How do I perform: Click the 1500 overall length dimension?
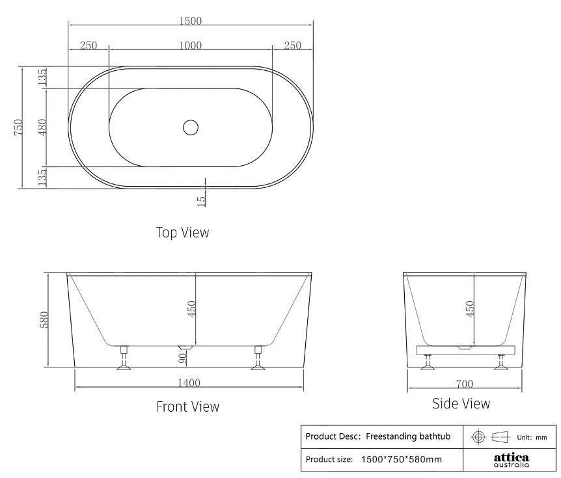point(190,20)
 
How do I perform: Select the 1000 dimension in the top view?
point(190,45)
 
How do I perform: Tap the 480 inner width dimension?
point(42,127)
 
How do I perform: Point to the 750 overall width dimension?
point(19,127)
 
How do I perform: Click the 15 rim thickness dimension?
point(201,200)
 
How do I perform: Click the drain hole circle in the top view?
point(190,127)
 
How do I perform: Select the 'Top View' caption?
point(182,232)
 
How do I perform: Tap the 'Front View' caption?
point(187,406)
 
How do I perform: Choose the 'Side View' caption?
point(461,404)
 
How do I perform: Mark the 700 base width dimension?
point(463,384)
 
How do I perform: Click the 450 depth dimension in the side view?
point(470,308)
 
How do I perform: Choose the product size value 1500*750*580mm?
point(401,459)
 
